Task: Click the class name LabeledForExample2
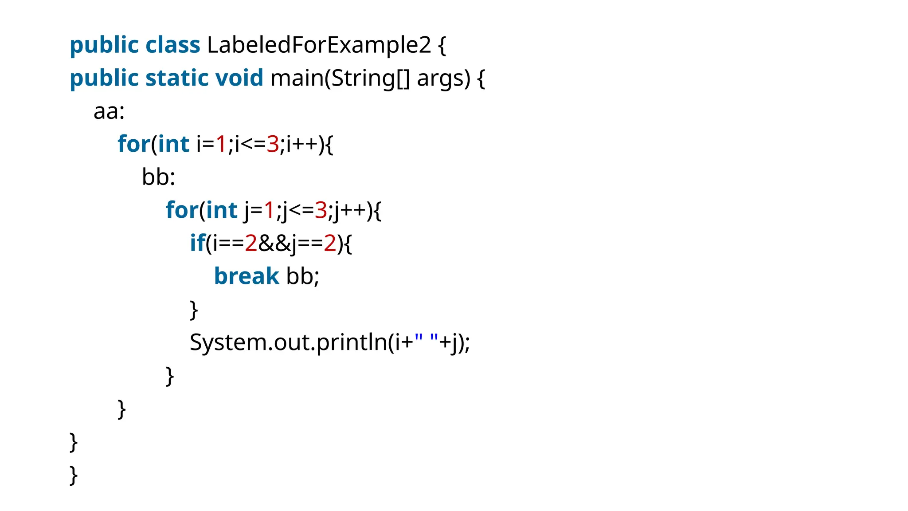[x=318, y=45]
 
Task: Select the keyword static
[x=176, y=78]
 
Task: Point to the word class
[x=172, y=45]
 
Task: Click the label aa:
[x=109, y=111]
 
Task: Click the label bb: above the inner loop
[x=158, y=177]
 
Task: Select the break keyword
[x=247, y=276]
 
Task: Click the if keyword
[x=197, y=243]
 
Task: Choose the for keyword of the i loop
[x=133, y=144]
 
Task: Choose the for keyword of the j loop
[x=182, y=210]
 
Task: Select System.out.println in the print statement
[x=288, y=342]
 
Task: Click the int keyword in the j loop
[x=222, y=210]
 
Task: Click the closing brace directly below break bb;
[x=193, y=310]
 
